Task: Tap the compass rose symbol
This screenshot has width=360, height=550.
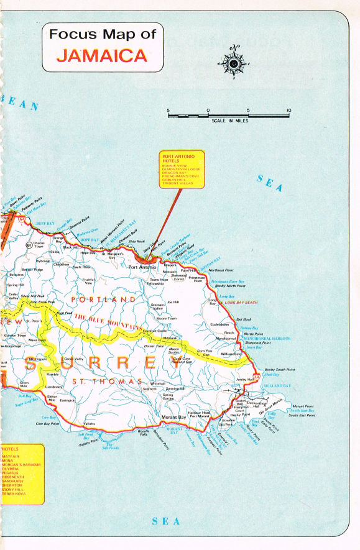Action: point(234,63)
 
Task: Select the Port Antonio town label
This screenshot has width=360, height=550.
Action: point(142,268)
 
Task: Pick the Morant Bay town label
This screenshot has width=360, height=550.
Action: point(174,416)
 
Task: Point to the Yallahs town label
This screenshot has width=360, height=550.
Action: point(90,424)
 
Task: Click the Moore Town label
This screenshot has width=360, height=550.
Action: point(167,318)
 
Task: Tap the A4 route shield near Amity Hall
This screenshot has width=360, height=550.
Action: point(257,377)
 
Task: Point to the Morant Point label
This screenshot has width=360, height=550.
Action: point(303,406)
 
